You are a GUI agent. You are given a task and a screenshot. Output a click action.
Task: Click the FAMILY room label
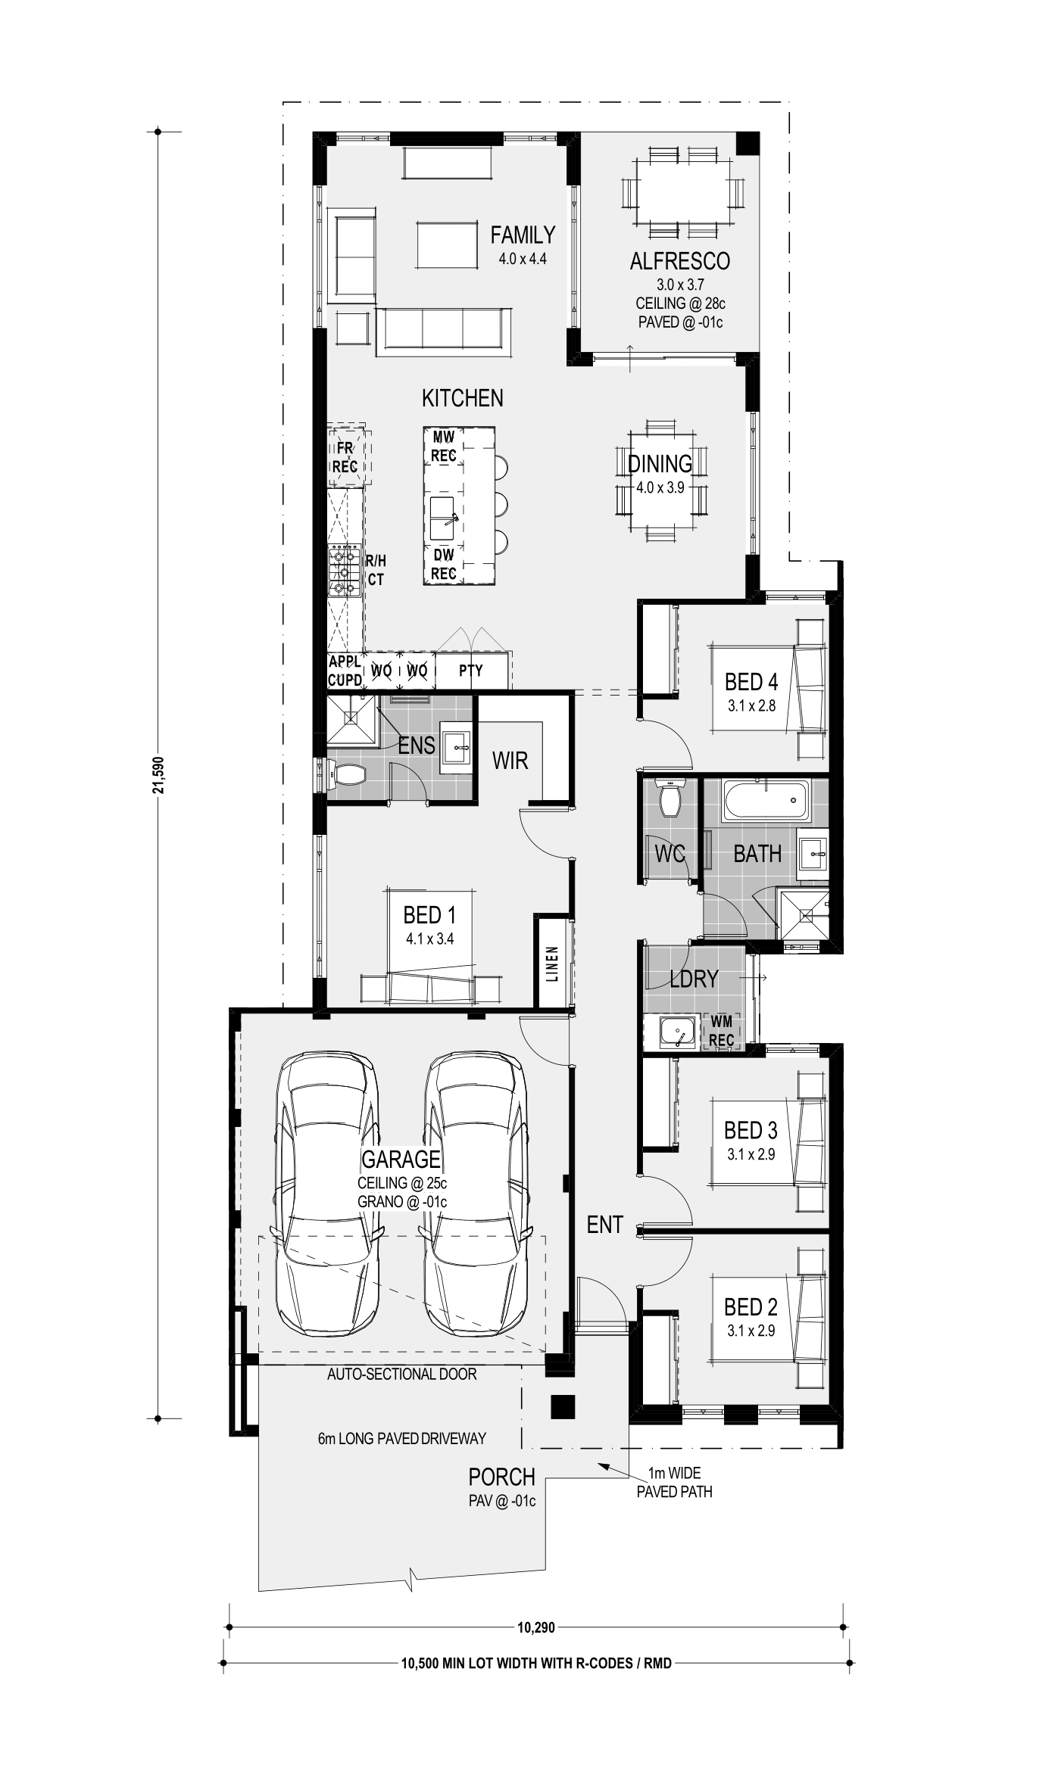(x=523, y=235)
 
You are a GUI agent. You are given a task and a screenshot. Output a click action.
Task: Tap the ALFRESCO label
(x=680, y=261)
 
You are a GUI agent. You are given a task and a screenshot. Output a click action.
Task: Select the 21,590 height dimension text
(x=158, y=775)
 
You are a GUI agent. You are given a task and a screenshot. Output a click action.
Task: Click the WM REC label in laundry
(x=722, y=1032)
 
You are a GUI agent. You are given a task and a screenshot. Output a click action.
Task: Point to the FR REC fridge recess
(x=345, y=457)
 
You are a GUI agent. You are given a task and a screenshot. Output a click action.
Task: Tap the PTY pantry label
(x=471, y=671)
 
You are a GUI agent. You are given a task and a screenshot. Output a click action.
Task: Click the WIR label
(x=510, y=761)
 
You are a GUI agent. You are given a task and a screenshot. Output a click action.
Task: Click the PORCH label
(x=501, y=1477)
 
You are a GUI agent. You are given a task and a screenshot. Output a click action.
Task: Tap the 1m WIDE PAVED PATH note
(x=674, y=1483)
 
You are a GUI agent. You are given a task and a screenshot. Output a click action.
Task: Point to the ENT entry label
(x=604, y=1225)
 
